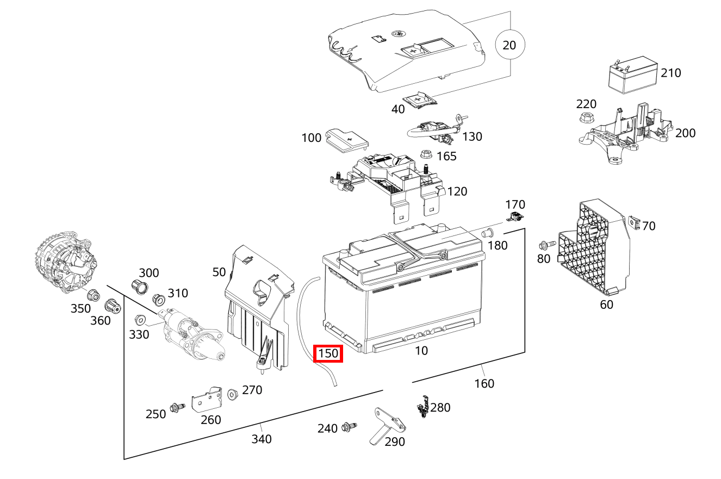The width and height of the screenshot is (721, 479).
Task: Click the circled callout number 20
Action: coord(509,45)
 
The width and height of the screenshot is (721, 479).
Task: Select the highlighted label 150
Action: coord(328,354)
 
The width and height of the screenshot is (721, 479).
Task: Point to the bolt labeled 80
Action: coord(546,245)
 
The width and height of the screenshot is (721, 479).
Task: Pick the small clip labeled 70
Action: coord(633,222)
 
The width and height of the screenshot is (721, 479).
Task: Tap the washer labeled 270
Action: coord(233,394)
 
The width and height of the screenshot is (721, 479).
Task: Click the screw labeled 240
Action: coord(349,428)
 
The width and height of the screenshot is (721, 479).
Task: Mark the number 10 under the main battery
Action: coord(421,351)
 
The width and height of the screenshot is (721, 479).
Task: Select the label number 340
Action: coord(262,439)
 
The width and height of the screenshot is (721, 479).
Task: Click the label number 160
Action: coord(484,384)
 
